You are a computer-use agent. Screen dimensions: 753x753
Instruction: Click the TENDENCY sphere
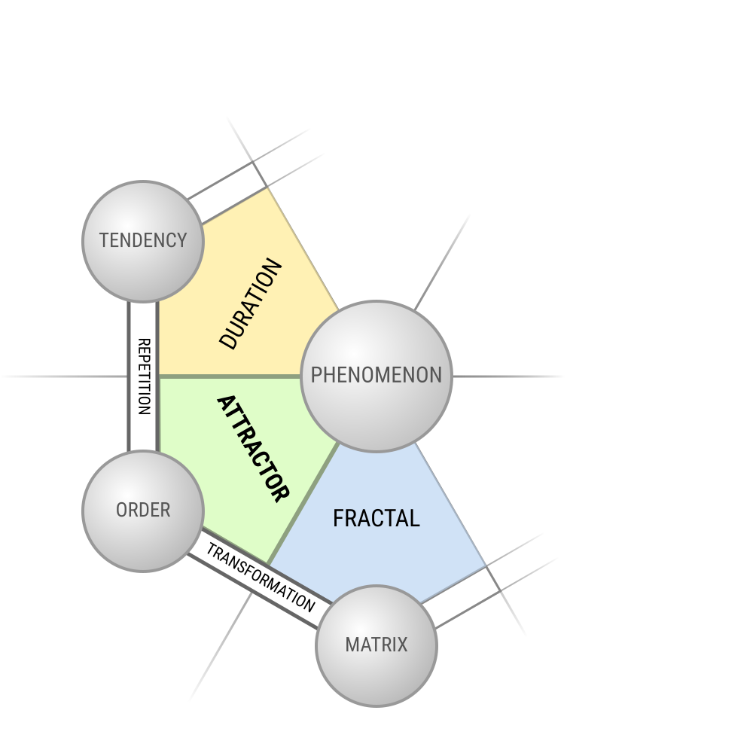[143, 242]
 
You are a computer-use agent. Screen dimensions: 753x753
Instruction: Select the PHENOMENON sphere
[376, 376]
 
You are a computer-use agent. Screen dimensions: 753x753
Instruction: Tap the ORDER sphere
[143, 511]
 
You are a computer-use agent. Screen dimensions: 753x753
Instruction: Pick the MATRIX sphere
[376, 646]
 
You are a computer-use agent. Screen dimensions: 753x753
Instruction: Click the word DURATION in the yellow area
[250, 304]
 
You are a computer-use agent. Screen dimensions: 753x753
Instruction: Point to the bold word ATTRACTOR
[254, 449]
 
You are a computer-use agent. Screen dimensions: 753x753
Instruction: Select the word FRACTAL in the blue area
[376, 518]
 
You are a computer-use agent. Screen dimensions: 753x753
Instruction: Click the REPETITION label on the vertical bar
[144, 376]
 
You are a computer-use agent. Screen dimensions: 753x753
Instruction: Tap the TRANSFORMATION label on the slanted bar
[261, 578]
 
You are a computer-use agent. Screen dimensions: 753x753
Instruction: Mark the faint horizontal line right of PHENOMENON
[508, 376]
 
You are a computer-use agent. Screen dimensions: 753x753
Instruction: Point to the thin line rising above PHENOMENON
[442, 262]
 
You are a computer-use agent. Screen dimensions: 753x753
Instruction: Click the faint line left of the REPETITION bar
[65, 376]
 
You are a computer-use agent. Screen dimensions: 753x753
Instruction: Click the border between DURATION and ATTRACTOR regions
[230, 376]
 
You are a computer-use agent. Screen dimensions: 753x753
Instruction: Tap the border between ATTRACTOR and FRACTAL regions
[303, 503]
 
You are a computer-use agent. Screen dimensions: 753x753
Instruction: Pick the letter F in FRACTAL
[338, 518]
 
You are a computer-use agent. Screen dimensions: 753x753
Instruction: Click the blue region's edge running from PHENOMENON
[450, 505]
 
